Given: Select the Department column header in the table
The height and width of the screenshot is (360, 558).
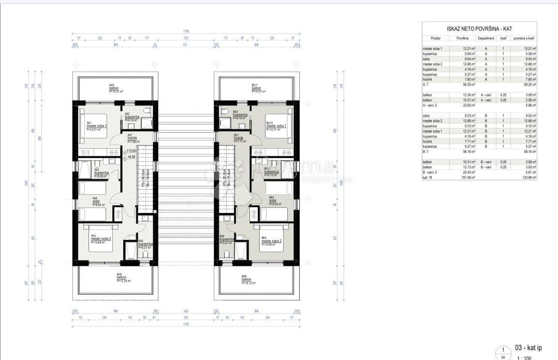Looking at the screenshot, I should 486,38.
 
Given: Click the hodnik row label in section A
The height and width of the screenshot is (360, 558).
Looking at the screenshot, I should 429,79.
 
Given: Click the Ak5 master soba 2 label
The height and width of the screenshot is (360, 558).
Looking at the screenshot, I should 101,240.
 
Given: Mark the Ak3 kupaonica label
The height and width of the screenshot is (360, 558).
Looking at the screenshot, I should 100,173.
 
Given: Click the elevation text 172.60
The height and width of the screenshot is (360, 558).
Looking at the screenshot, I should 131,151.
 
